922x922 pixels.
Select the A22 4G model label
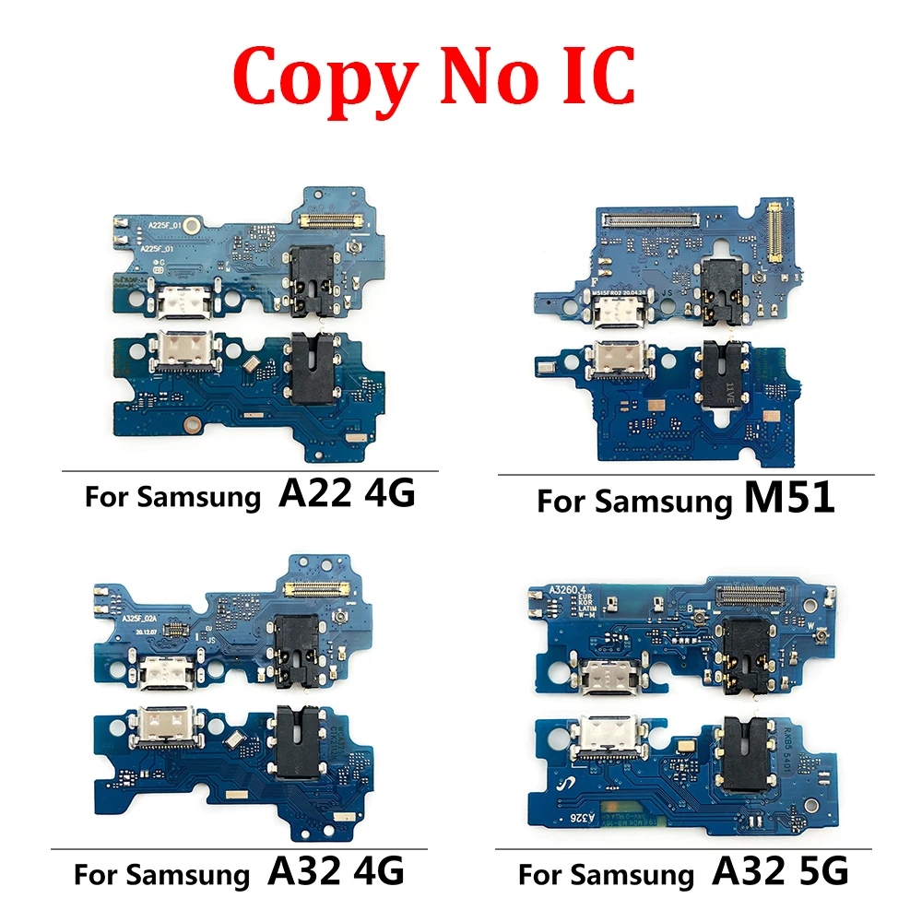click(x=346, y=495)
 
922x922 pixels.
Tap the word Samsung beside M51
click(x=662, y=502)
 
